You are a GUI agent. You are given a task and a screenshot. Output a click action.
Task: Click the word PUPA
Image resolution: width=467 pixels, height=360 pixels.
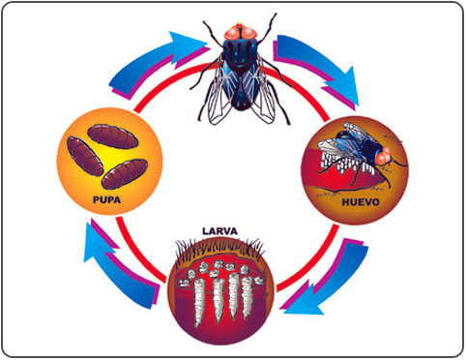[106, 199]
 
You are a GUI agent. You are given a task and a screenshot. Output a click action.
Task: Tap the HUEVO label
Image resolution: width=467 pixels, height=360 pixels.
[361, 202]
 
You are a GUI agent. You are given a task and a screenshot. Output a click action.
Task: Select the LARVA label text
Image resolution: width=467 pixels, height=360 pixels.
[219, 231]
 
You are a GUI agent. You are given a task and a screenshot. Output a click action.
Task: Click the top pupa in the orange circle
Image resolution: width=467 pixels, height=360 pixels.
[113, 136]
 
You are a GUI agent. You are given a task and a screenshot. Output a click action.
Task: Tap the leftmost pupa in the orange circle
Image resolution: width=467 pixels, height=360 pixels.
[85, 156]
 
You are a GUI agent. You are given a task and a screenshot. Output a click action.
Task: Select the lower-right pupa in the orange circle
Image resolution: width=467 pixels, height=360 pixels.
[125, 173]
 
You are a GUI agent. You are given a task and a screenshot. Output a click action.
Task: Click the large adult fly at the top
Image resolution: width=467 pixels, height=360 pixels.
[241, 70]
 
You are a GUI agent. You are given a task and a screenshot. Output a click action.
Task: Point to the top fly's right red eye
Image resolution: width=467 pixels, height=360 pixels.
[249, 33]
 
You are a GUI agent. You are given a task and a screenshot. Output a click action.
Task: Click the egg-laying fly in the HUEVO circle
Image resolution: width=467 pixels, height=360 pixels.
[361, 152]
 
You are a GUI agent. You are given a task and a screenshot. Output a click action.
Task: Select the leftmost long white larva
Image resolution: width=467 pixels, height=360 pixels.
[200, 302]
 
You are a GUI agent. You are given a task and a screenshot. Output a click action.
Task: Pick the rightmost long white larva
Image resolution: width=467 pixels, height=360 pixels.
[248, 297]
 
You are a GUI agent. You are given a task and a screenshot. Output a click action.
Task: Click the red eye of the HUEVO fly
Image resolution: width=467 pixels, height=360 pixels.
[383, 157]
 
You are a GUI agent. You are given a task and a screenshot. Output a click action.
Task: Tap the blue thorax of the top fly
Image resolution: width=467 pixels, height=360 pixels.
[241, 53]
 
